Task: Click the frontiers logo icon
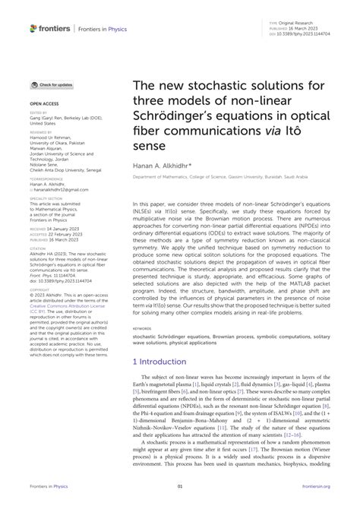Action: click(x=33, y=28)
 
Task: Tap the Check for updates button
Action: click(x=52, y=85)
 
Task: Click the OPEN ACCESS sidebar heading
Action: click(x=44, y=101)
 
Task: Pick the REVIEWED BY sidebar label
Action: click(x=41, y=131)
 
